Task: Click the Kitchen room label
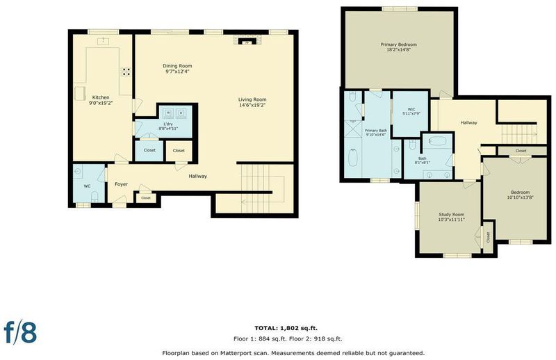(101, 97)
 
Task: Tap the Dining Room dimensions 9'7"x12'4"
(177, 72)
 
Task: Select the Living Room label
(252, 99)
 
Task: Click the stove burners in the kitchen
(126, 72)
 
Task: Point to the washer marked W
(168, 113)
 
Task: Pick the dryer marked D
(181, 113)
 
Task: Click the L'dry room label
(168, 124)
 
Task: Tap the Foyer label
(121, 184)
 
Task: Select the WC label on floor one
(88, 186)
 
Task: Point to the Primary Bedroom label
(398, 44)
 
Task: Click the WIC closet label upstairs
(411, 109)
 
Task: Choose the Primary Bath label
(376, 131)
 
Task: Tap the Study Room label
(451, 215)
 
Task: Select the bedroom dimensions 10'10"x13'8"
(521, 197)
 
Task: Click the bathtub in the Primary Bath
(353, 158)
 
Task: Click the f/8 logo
(20, 332)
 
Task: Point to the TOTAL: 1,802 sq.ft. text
(286, 328)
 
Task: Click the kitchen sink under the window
(103, 41)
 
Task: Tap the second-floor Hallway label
(468, 123)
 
